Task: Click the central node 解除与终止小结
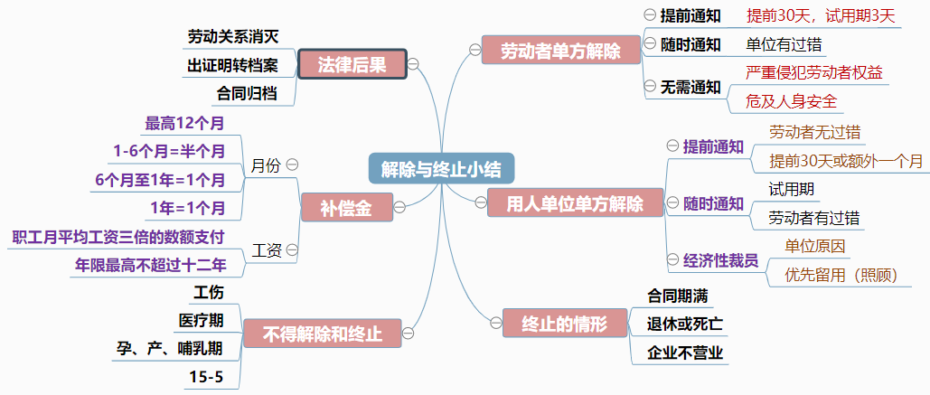[441, 168]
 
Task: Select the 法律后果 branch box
[352, 64]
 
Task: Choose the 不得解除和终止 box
[322, 334]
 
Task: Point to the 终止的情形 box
[564, 323]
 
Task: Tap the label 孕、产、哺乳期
[169, 348]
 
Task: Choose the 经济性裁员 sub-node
[720, 260]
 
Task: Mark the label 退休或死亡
[684, 323]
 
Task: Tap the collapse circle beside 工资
[292, 249]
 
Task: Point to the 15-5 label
[206, 376]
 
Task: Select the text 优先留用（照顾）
[841, 274]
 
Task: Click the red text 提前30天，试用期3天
[820, 15]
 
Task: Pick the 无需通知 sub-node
[690, 87]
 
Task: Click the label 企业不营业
[684, 352]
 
